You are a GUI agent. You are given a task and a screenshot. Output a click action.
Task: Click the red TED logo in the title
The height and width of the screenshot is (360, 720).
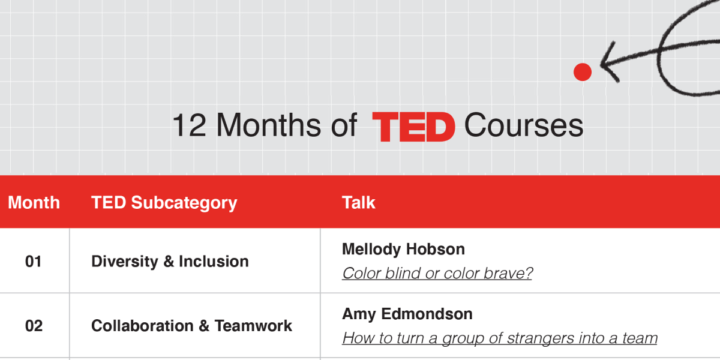413,127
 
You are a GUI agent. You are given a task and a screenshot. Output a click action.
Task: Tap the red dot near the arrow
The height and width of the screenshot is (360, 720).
583,72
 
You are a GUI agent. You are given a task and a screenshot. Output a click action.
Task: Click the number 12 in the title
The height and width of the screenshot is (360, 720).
189,125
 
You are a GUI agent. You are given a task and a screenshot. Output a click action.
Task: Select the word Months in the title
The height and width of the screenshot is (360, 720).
268,125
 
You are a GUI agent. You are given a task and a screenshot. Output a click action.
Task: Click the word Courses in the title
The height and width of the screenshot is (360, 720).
524,125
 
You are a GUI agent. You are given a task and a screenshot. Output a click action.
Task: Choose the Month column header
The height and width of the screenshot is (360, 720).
34,203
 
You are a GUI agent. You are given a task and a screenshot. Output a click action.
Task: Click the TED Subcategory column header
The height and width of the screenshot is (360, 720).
164,203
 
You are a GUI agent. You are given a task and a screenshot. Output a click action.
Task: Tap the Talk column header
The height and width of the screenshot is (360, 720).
359,203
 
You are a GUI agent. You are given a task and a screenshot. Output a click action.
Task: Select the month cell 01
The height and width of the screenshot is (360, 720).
34,262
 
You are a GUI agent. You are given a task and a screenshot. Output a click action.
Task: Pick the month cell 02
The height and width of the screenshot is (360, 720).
34,326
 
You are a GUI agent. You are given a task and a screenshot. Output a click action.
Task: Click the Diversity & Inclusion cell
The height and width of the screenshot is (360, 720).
170,262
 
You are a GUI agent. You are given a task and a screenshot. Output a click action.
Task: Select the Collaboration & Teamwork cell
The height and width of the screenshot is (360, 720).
191,326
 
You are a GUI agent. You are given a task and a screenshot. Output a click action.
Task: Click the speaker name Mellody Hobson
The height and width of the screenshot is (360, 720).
403,249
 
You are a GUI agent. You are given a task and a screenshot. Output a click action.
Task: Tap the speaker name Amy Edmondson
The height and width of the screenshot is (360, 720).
407,314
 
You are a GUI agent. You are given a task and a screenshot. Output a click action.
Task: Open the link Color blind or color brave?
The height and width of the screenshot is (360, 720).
437,274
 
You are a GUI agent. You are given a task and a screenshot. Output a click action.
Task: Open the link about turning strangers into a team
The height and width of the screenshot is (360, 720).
500,338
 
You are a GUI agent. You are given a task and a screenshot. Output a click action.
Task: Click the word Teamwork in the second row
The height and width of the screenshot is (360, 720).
253,326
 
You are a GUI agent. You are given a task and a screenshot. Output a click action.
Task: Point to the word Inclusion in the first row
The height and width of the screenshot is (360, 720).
214,262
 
